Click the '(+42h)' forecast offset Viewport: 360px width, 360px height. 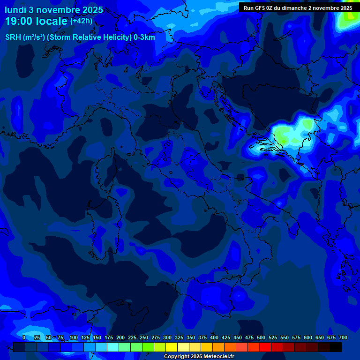point(81,21)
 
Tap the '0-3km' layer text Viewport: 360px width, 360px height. point(144,37)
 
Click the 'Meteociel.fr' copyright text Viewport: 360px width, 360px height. point(216,357)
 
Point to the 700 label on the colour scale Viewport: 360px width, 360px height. point(343,337)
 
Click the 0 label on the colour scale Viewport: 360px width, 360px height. point(24,337)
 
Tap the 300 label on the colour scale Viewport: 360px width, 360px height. point(167,337)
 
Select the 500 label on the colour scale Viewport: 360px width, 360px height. point(261,337)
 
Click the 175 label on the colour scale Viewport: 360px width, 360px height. point(109,337)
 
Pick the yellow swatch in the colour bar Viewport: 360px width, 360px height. point(172,347)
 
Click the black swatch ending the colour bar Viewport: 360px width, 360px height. point(336,347)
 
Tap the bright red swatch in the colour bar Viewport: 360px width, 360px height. point(265,347)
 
